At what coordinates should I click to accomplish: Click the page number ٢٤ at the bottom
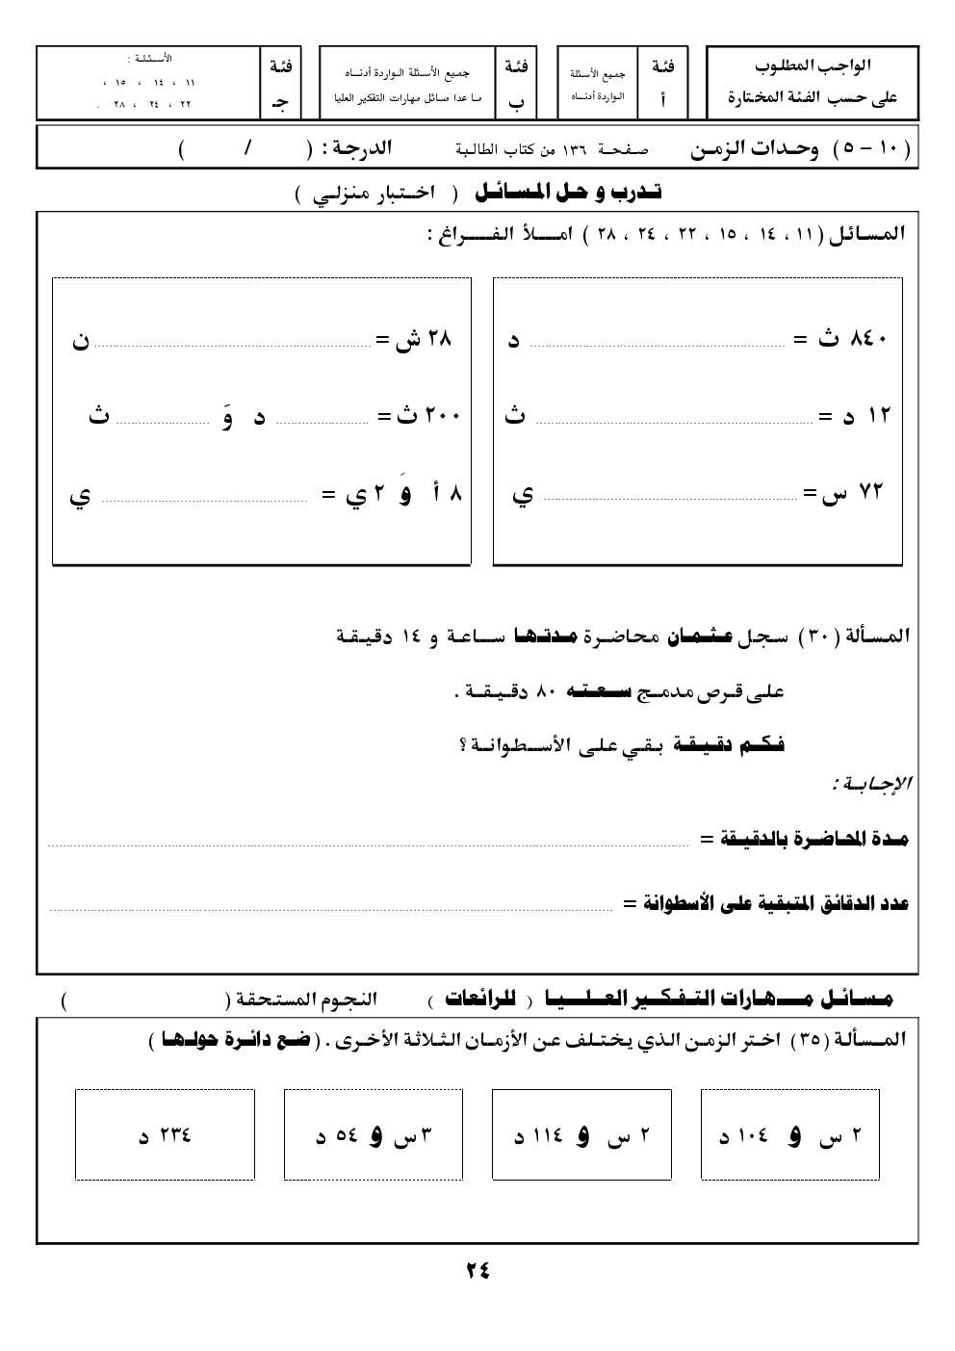(477, 1269)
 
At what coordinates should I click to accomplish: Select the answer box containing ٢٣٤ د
(165, 1134)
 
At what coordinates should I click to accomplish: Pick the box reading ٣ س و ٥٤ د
(374, 1134)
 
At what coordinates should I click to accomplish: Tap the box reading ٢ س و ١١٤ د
(581, 1134)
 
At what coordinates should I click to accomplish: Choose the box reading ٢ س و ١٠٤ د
(790, 1134)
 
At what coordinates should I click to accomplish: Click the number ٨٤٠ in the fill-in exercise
(867, 339)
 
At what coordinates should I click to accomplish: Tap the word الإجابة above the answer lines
(873, 786)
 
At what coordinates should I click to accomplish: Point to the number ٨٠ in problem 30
(546, 691)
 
